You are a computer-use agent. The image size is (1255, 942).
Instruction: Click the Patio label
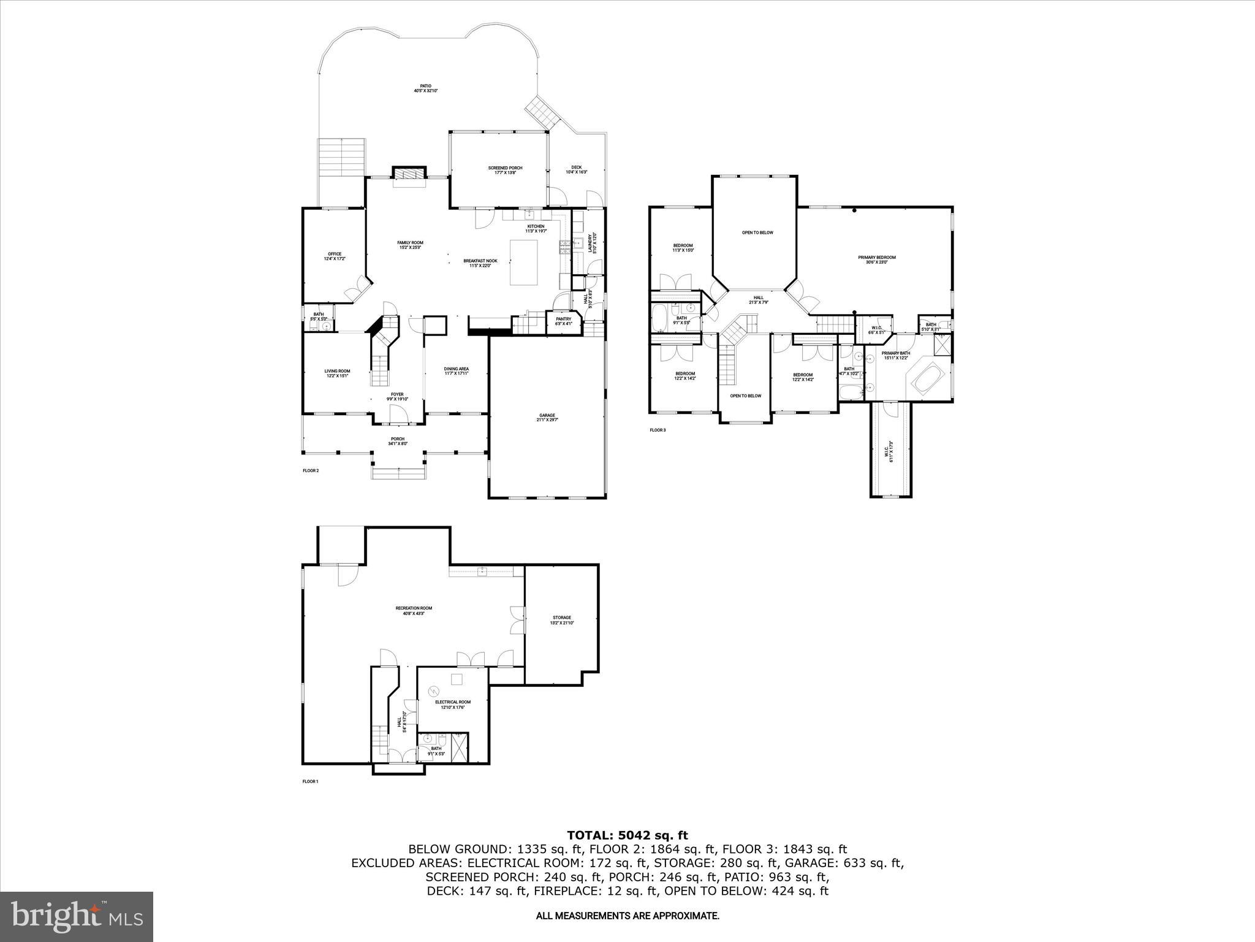[x=425, y=88]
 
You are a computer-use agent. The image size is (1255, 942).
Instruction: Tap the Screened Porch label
[x=505, y=170]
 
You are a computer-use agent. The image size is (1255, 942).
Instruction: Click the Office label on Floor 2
[x=335, y=256]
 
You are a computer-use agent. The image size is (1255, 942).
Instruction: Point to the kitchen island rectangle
[x=525, y=262]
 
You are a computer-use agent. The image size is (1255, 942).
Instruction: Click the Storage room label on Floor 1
[x=561, y=620]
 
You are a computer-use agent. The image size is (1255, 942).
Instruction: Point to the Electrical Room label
[x=453, y=704]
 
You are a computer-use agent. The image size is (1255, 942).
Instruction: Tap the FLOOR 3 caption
[x=658, y=430]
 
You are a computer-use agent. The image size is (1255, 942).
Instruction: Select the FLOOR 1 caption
[x=311, y=781]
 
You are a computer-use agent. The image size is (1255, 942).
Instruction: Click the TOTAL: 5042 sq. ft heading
[x=627, y=835]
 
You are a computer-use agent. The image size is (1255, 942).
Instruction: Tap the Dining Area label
[x=456, y=371]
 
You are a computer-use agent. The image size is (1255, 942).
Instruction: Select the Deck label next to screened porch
[x=576, y=170]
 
